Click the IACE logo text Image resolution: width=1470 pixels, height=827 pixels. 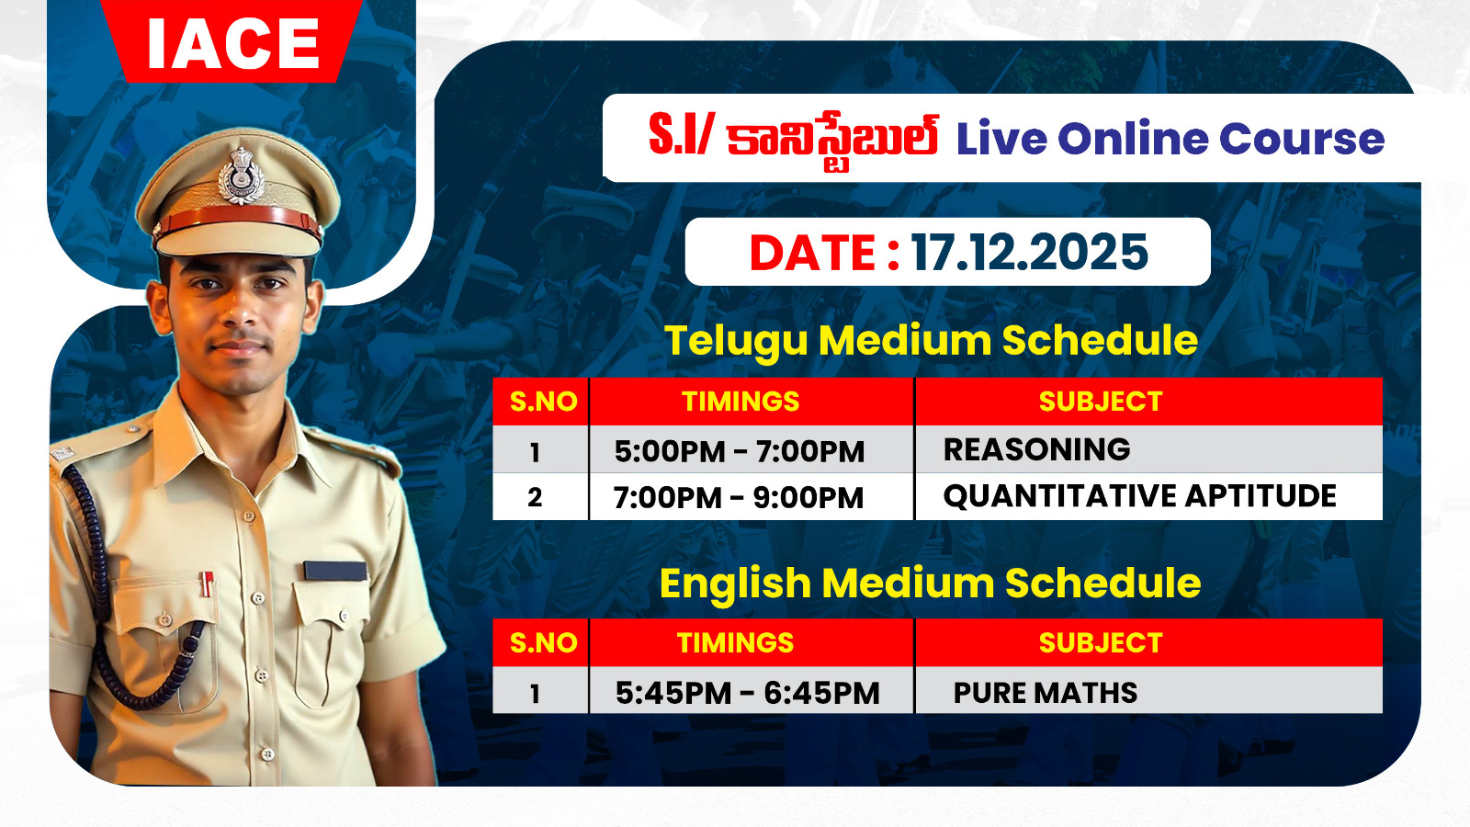coord(233,43)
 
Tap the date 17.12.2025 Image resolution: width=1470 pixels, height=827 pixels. coord(1029,253)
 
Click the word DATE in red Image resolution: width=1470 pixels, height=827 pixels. coord(814,253)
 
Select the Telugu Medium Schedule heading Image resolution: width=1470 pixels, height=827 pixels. coord(932,341)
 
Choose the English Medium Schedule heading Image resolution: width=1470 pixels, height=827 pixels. coord(930,583)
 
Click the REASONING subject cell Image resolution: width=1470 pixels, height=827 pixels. coord(1037,449)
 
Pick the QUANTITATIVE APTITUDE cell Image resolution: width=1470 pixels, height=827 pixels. coord(1140,496)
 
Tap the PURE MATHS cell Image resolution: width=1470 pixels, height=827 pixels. coord(1046,693)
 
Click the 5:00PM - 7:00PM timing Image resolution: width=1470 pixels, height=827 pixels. coord(740,451)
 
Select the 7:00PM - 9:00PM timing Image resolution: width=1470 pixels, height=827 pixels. coord(739,497)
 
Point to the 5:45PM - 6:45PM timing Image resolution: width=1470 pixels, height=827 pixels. coord(748,693)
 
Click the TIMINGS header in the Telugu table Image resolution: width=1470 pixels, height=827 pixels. coord(741,401)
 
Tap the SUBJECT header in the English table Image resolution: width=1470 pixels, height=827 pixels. coord(1101,642)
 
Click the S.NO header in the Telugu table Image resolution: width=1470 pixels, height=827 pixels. coord(543,401)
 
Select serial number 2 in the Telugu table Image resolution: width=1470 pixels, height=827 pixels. coord(535,497)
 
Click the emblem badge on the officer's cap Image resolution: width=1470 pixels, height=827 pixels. coord(242,176)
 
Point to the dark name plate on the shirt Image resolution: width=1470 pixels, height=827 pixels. coord(334,571)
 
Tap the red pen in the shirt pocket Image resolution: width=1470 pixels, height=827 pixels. coord(208,583)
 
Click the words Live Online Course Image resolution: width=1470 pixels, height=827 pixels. coord(1170,139)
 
